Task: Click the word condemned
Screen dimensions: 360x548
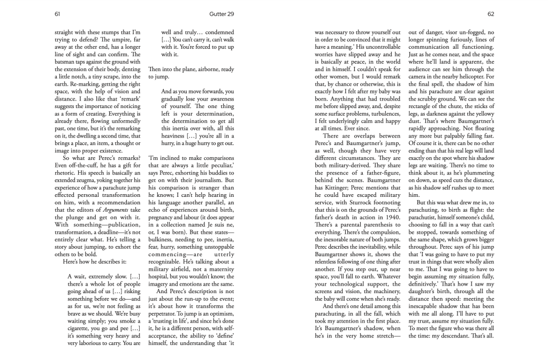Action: click(215, 32)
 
